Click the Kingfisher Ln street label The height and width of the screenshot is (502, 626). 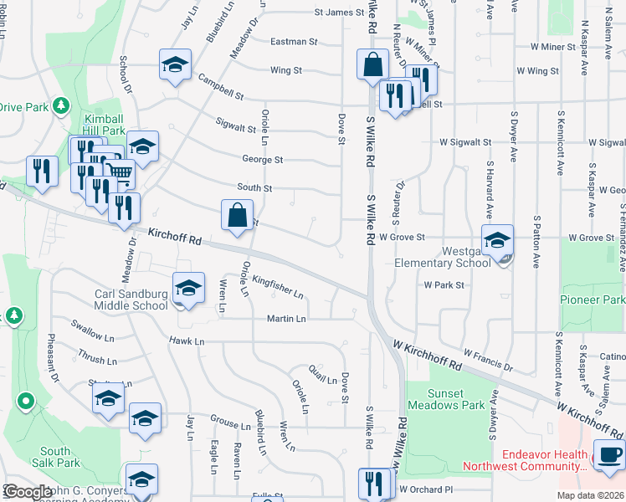tap(278, 288)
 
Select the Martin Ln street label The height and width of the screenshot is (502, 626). tap(286, 319)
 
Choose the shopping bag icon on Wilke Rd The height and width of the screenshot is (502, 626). tap(372, 64)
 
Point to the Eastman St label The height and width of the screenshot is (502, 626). tap(294, 41)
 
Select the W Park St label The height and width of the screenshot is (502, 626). tap(444, 285)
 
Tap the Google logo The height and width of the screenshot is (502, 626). tap(28, 492)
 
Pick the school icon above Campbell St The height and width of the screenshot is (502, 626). tap(176, 64)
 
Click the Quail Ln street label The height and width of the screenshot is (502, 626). tap(322, 380)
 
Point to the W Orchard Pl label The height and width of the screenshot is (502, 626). tap(426, 489)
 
